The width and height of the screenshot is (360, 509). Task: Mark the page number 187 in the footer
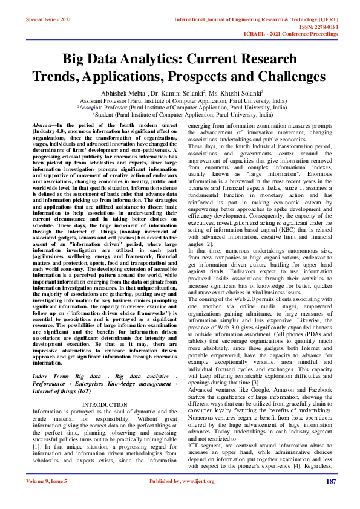(x=330, y=499)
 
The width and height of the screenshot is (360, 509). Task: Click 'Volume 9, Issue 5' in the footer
(x=47, y=499)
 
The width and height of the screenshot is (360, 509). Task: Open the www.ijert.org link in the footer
(x=204, y=499)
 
